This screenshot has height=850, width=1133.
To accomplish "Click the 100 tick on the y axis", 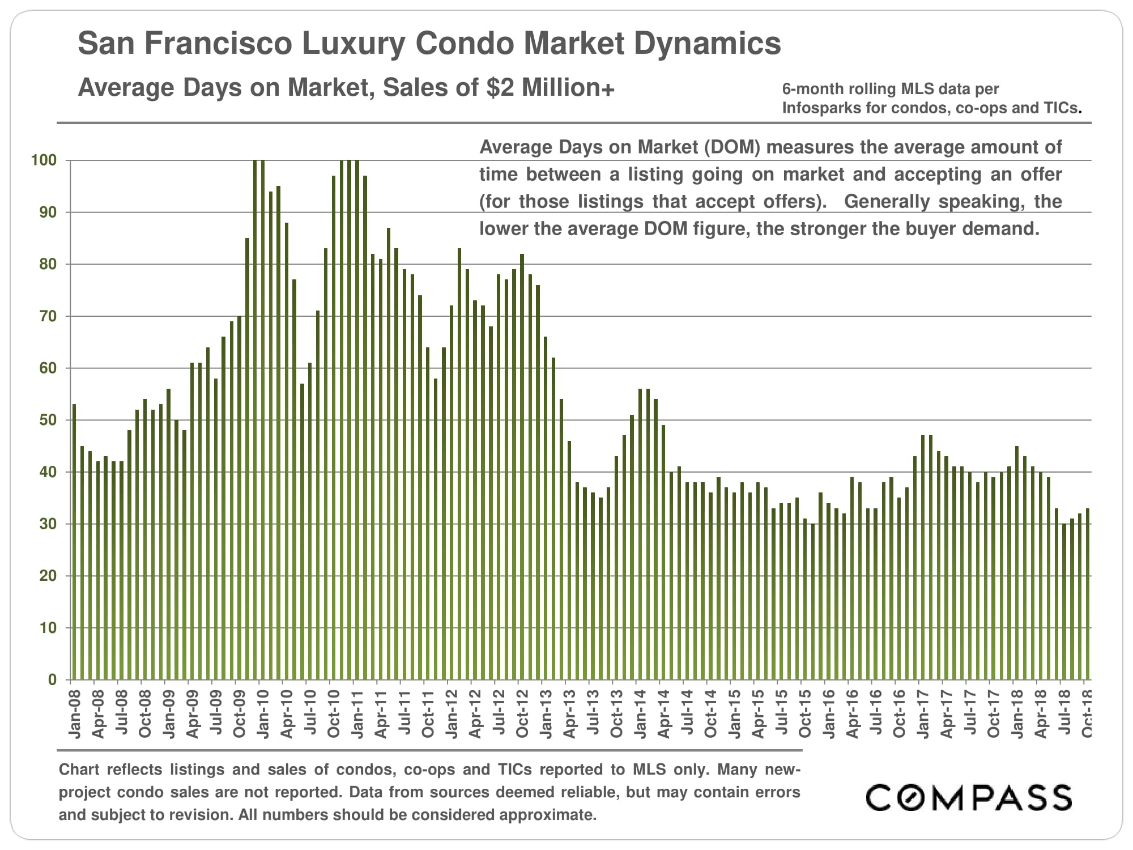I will pyautogui.click(x=44, y=160).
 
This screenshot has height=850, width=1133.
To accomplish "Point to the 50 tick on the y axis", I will pyautogui.click(x=48, y=420).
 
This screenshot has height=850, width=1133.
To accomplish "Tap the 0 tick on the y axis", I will pyautogui.click(x=52, y=680).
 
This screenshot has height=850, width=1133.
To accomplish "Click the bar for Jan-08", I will pyautogui.click(x=74, y=542).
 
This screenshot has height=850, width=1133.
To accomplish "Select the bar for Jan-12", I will pyautogui.click(x=452, y=492).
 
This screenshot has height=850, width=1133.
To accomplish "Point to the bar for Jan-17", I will pyautogui.click(x=923, y=558).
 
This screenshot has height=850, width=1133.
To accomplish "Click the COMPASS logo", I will pyautogui.click(x=968, y=798).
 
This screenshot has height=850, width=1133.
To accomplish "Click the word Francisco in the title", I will pyautogui.click(x=222, y=43).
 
